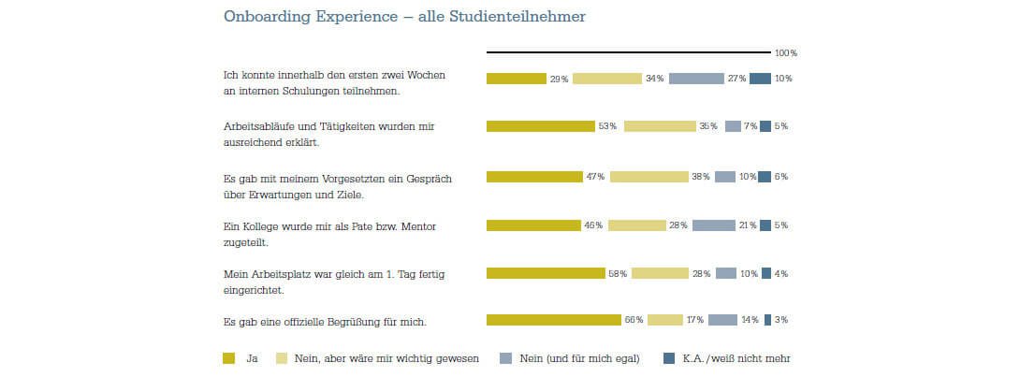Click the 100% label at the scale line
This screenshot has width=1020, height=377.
point(786,53)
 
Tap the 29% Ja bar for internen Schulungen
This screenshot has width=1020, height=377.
point(516,79)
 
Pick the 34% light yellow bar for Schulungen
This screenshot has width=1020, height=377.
point(607,79)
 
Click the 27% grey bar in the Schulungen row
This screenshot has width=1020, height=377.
point(696,79)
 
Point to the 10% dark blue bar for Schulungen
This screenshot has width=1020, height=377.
point(760,79)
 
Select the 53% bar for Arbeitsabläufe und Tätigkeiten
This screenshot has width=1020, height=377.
point(541,126)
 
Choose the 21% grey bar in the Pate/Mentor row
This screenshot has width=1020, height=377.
point(713,225)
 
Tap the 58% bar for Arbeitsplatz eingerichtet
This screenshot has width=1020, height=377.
point(546,273)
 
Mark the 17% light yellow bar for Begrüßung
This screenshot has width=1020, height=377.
point(664,320)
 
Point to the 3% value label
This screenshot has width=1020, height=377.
point(781,320)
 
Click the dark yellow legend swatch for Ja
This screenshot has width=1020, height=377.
point(229,357)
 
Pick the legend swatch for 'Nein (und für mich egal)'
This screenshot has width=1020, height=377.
point(506,357)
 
